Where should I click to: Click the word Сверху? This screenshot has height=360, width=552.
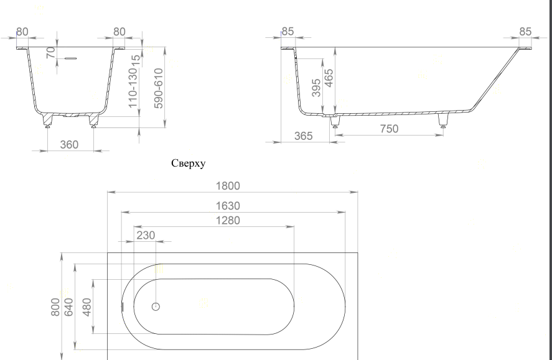pyautogui.click(x=189, y=164)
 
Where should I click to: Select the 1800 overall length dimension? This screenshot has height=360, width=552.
pyautogui.click(x=228, y=186)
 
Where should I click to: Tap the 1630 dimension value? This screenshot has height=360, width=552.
pyautogui.click(x=228, y=206)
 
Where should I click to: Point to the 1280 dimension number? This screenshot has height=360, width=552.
pyautogui.click(x=228, y=221)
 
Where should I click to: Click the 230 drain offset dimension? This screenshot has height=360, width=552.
pyautogui.click(x=146, y=235)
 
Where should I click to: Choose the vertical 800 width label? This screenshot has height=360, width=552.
pyautogui.click(x=55, y=307)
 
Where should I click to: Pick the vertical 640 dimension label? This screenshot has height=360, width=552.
pyautogui.click(x=68, y=307)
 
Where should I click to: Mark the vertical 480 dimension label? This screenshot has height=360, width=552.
pyautogui.click(x=87, y=307)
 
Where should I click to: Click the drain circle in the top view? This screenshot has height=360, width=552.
pyautogui.click(x=156, y=307)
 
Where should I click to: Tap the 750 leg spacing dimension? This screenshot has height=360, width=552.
pyautogui.click(x=390, y=129)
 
